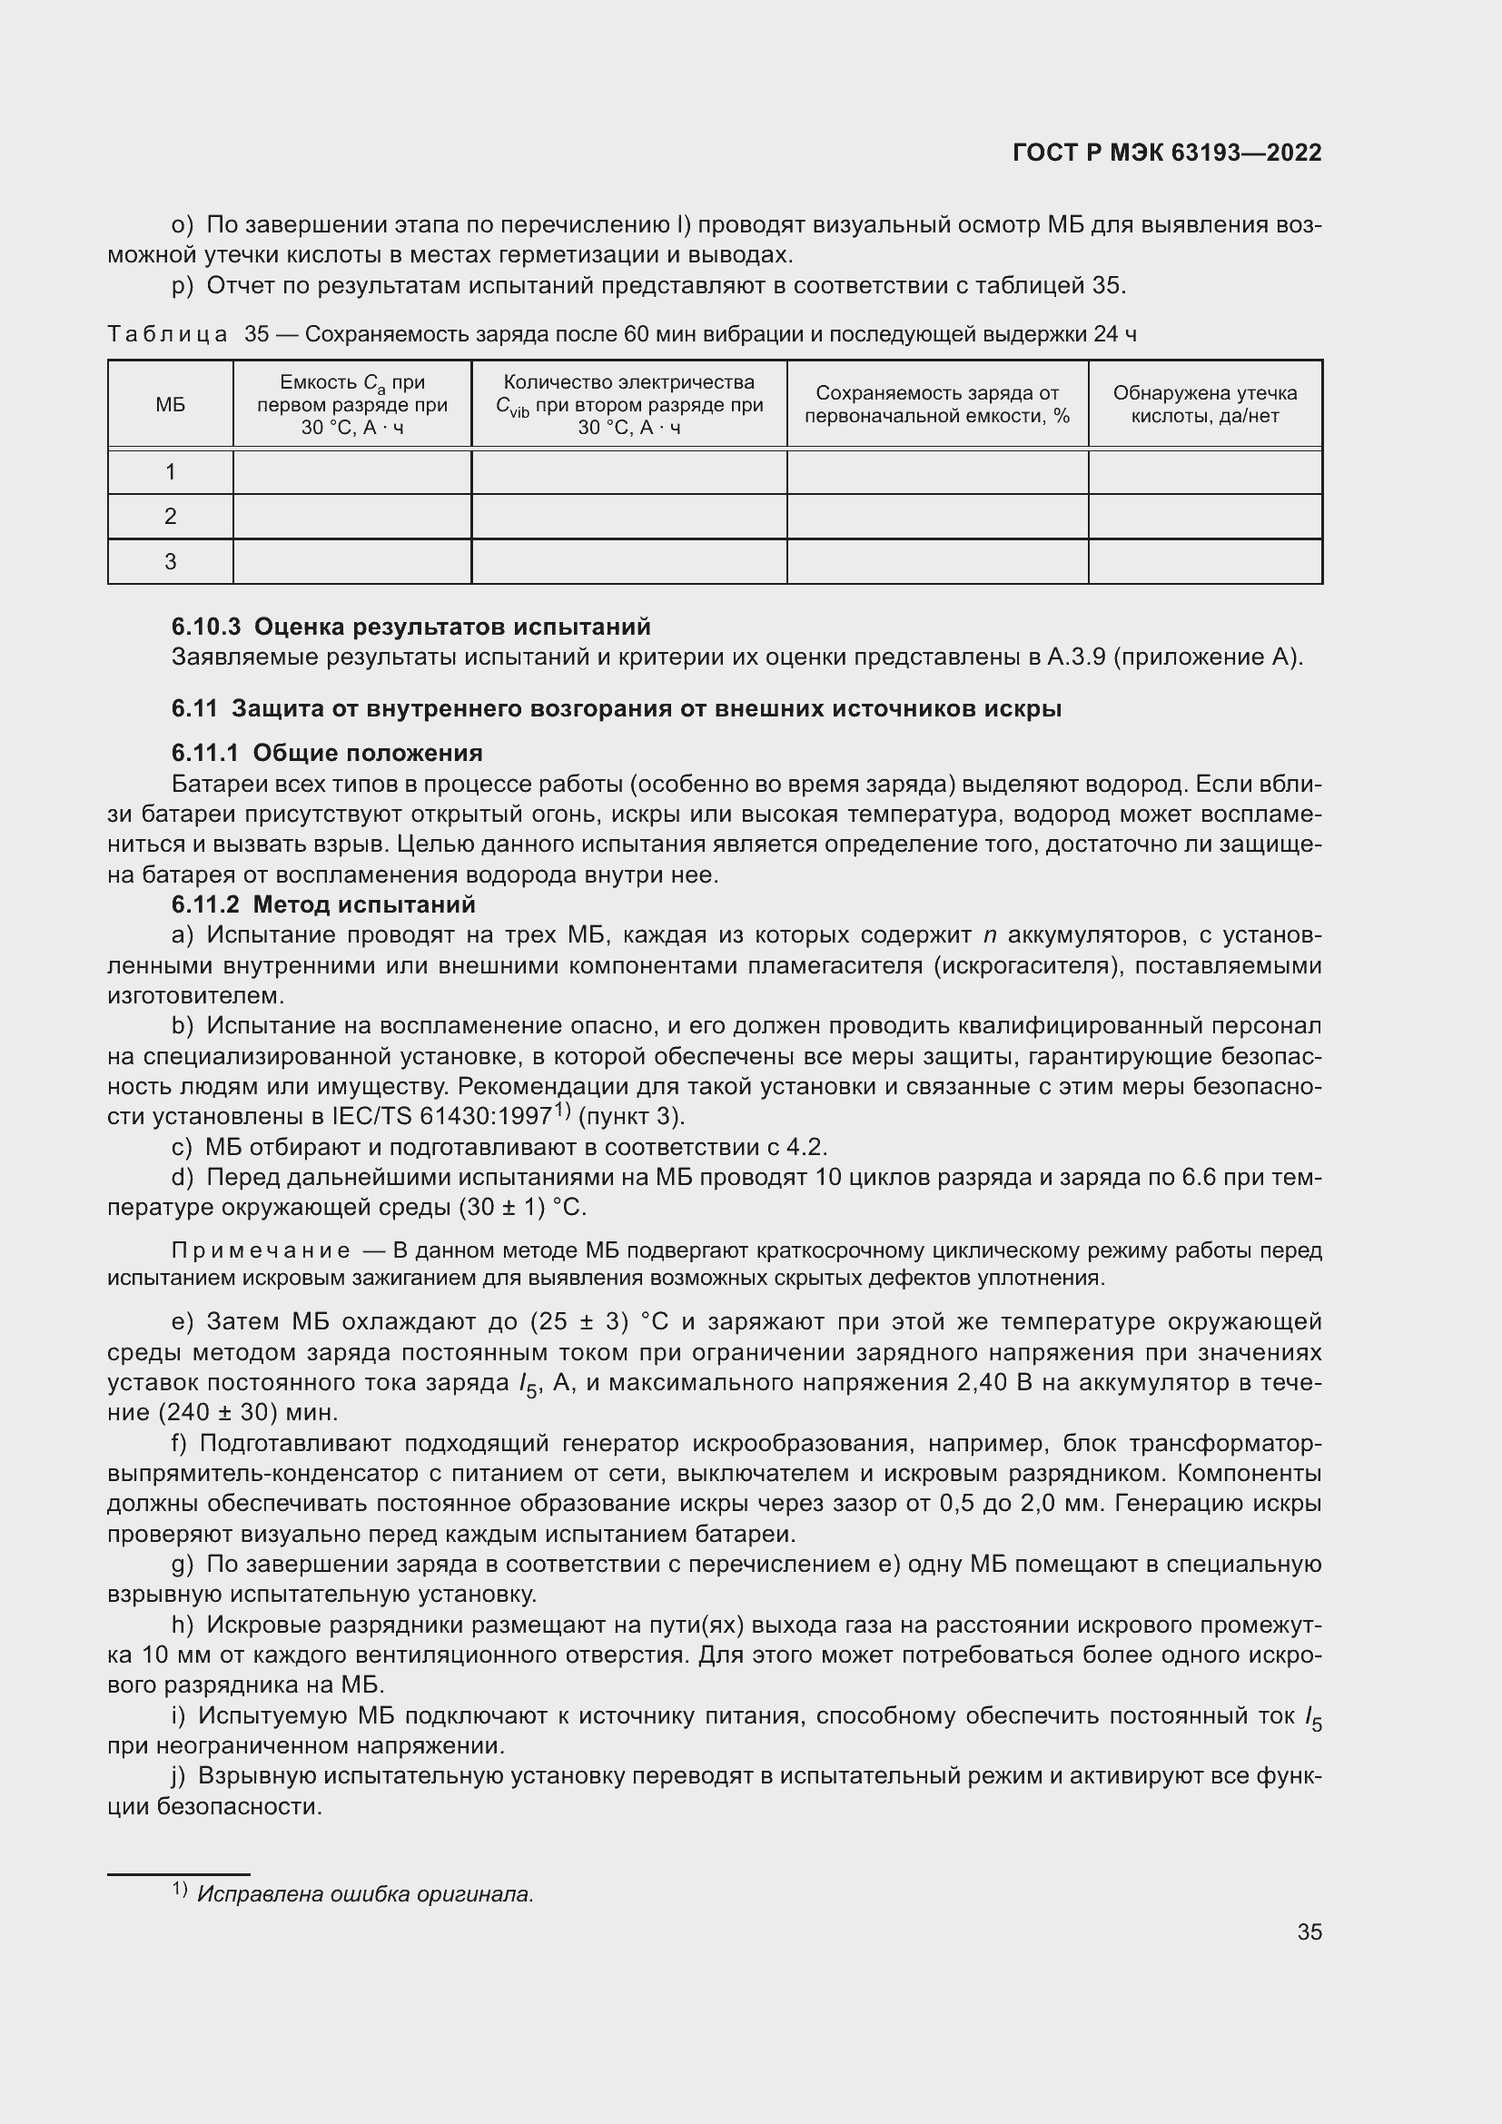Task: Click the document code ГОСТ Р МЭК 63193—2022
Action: pos(1167,153)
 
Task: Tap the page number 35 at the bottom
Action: pos(1309,1931)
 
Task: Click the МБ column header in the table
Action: pos(170,404)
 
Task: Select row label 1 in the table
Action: pos(170,472)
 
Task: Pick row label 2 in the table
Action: pos(170,516)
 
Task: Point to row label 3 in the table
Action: pos(170,561)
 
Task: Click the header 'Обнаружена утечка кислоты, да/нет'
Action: pos(1204,404)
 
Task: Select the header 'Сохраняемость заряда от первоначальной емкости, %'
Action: pos(937,404)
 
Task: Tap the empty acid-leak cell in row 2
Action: pos(1204,516)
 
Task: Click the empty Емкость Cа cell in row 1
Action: pos(351,472)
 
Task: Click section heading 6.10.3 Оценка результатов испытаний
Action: pos(410,627)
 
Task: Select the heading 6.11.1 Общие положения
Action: pos(327,753)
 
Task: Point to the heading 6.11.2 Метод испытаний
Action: pos(322,904)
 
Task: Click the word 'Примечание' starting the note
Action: pos(262,1251)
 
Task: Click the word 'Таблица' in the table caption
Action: pos(167,335)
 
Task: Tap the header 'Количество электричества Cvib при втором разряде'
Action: pos(629,404)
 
